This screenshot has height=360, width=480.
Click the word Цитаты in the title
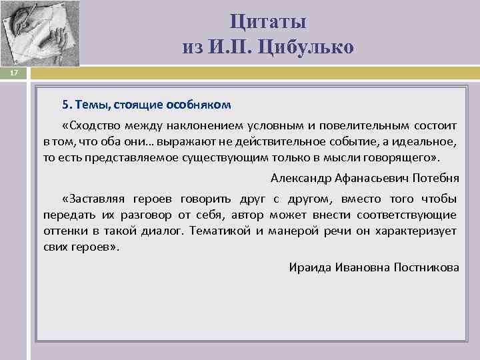[268, 22]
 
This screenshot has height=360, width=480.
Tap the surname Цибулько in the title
[311, 47]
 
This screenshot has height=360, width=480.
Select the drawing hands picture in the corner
[40, 33]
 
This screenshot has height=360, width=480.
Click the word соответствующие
[407, 215]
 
